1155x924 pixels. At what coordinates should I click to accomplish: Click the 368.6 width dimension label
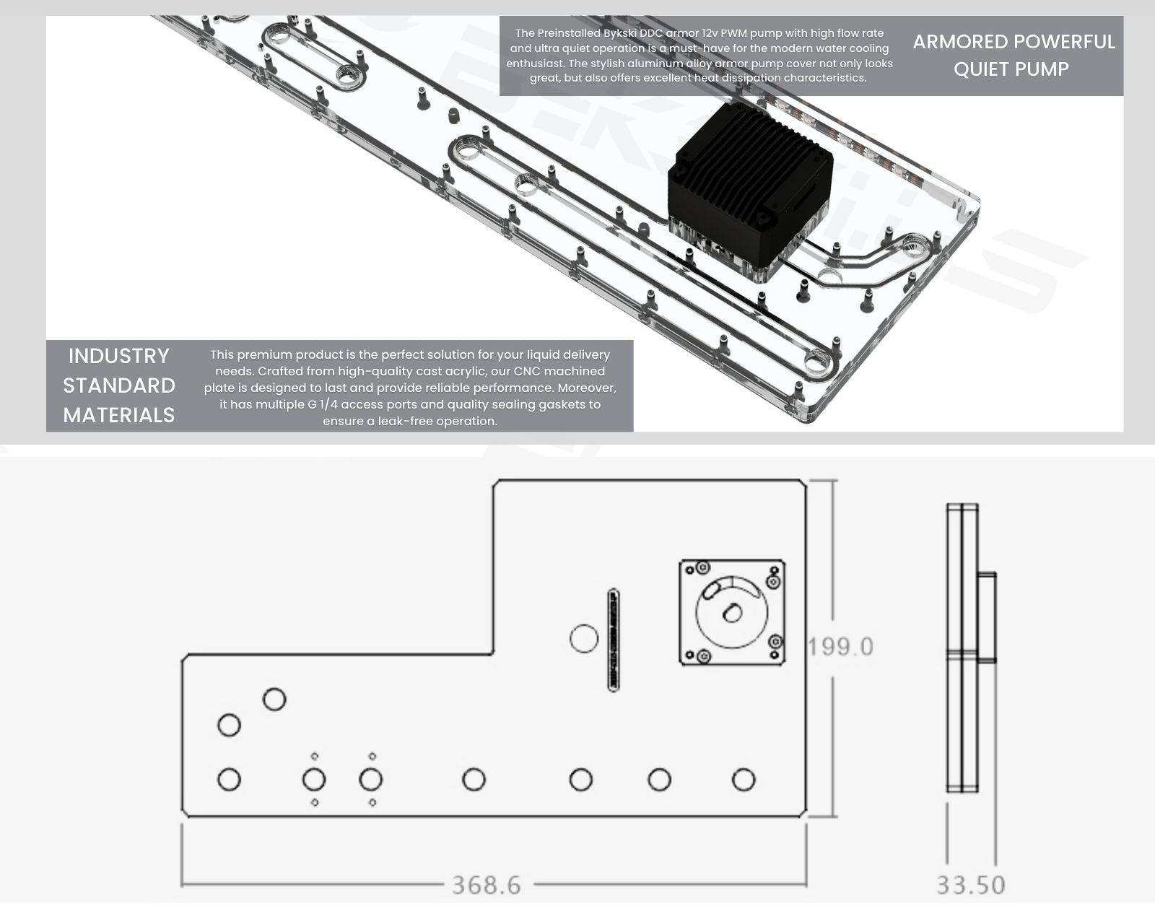[487, 885]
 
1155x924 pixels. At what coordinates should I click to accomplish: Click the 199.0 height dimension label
[840, 647]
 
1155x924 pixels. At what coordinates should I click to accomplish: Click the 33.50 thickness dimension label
[971, 885]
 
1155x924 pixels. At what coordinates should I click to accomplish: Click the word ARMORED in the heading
[953, 42]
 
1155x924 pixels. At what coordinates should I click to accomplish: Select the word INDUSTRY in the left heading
[119, 356]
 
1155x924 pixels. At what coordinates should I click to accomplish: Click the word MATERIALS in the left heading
[119, 415]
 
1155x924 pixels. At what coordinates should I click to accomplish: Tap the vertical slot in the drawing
[614, 640]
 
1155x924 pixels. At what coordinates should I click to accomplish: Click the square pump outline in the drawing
[680, 613]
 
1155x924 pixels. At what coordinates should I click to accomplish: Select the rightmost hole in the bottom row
[744, 780]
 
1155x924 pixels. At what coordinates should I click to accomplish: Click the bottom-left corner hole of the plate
[229, 780]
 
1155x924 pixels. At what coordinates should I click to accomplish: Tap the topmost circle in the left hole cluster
[274, 699]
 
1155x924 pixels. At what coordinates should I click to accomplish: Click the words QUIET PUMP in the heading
[1011, 69]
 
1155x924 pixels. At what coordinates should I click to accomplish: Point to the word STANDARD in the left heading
[119, 385]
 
